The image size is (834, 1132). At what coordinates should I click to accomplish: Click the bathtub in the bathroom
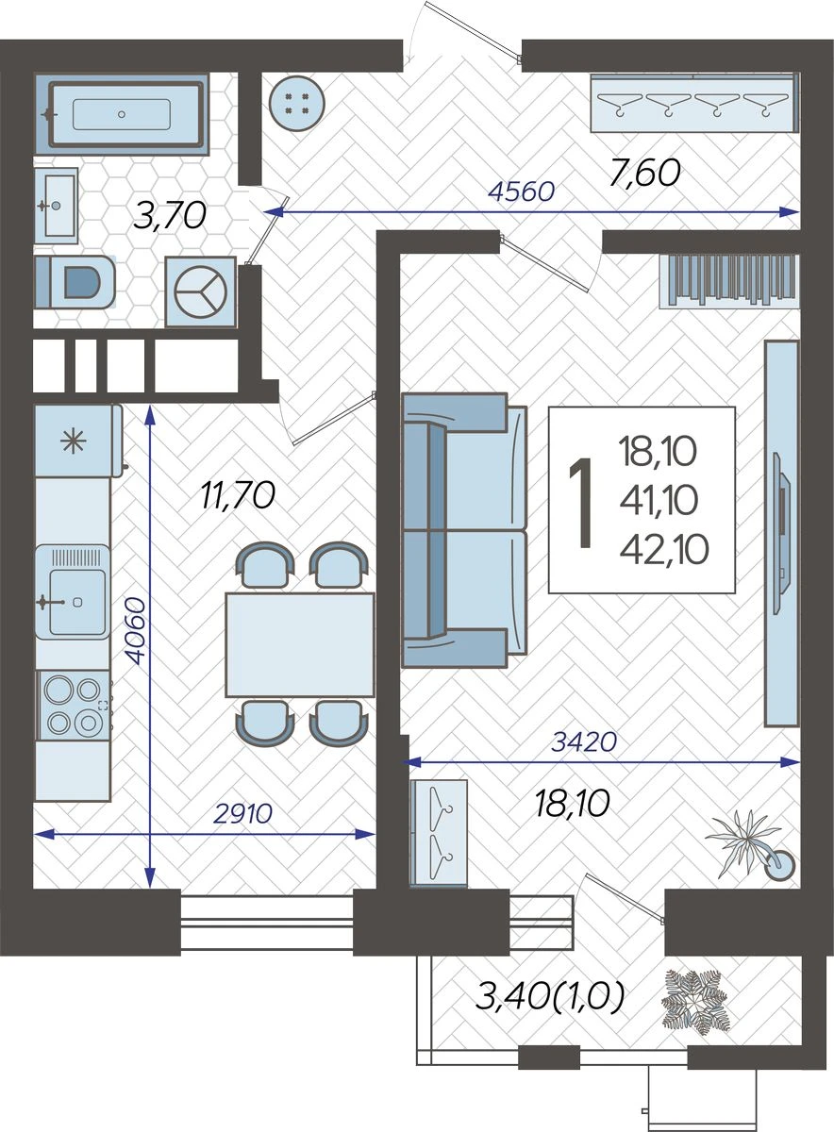point(122,114)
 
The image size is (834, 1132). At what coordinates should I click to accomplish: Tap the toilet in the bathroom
point(75,282)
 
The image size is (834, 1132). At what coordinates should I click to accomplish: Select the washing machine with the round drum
point(201,291)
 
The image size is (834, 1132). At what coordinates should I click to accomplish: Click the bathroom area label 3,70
point(169,215)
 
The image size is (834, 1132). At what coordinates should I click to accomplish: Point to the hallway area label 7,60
point(644,174)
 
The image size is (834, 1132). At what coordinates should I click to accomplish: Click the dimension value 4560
point(522,191)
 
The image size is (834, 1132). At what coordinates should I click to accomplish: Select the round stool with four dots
point(297,104)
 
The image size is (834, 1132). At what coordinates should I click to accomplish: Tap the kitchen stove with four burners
point(74,706)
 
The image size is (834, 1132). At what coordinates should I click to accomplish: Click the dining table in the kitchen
point(300,645)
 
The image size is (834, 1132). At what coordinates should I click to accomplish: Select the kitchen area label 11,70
point(238,495)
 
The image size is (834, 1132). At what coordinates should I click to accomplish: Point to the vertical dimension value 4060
point(137,631)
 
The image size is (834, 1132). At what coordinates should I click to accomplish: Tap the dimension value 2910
point(242,813)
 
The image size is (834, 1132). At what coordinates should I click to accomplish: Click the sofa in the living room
point(464,530)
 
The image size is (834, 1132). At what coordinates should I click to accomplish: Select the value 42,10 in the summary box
point(663,550)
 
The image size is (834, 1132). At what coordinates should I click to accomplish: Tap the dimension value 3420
point(584,741)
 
